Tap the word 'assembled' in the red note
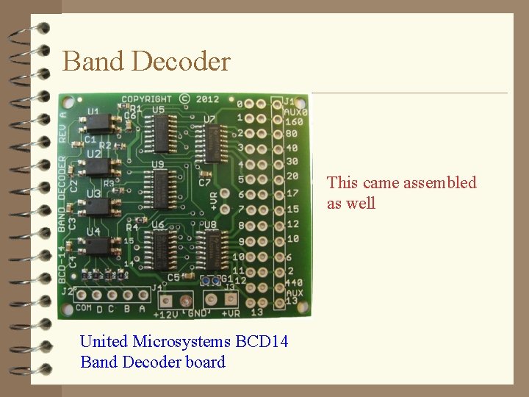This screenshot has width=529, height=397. (439, 183)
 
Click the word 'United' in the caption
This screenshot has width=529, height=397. (104, 341)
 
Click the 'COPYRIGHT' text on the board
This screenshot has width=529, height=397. (146, 99)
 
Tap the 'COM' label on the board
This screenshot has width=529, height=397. (83, 308)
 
